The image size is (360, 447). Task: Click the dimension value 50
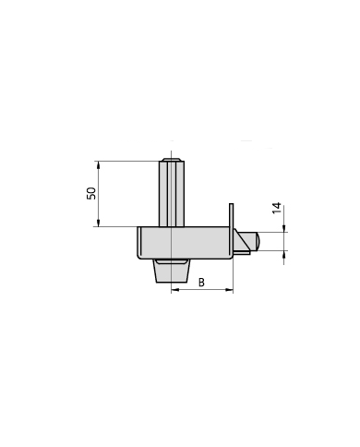[91, 193]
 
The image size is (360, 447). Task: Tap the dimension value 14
[277, 208]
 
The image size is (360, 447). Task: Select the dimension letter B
[201, 282]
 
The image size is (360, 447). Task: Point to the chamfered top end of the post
[171, 160]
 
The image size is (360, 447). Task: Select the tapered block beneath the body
[172, 272]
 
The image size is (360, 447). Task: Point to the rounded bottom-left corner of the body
[140, 256]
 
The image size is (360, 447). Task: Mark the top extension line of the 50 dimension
[129, 162]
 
